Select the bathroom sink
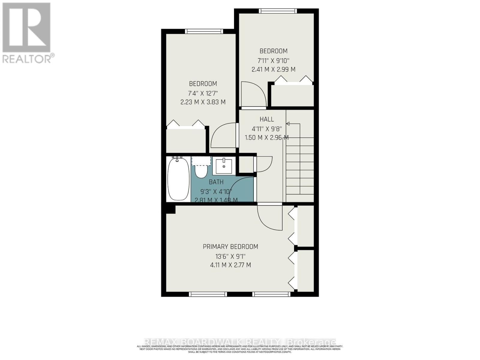(x=224, y=166)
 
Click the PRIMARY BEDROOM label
(x=230, y=247)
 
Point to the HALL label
(x=267, y=119)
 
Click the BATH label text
(x=216, y=182)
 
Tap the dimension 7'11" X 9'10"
(x=273, y=60)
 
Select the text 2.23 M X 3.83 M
(x=203, y=102)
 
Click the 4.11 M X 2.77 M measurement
(x=230, y=265)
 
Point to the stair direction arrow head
(x=288, y=124)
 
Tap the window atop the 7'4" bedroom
(x=204, y=31)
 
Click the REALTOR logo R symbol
(x=26, y=28)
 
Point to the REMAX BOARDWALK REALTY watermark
(x=240, y=342)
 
